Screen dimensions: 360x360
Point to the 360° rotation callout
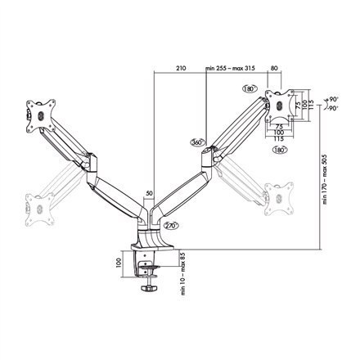pyautogui.click(x=196, y=141)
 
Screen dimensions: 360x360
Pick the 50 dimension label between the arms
pyautogui.click(x=149, y=194)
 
